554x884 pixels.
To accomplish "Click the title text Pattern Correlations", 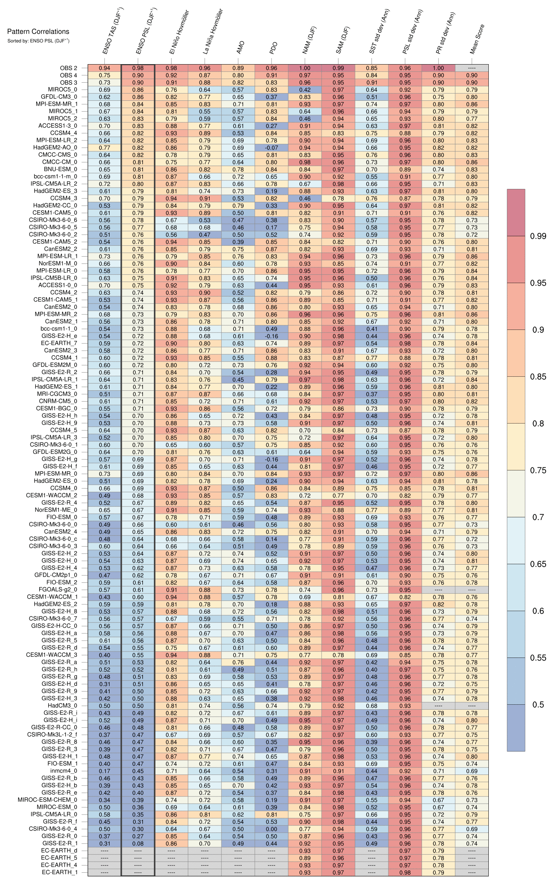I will click(38, 31).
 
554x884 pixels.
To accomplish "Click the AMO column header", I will click(240, 48).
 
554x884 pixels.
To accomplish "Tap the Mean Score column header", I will click(477, 39).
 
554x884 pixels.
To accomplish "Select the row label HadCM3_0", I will click(62, 705).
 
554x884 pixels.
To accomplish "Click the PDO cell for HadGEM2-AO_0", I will click(272, 148).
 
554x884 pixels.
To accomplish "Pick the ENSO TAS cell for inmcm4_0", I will click(104, 771).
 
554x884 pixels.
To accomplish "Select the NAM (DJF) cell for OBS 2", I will click(305, 68).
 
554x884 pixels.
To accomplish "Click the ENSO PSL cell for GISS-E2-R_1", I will click(138, 843).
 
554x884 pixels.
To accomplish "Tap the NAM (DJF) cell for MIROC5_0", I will click(305, 90).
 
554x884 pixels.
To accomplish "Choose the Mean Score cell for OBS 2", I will click(471, 68).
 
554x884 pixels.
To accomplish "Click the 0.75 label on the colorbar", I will click(538, 470).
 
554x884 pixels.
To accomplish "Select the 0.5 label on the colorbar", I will click(538, 704).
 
